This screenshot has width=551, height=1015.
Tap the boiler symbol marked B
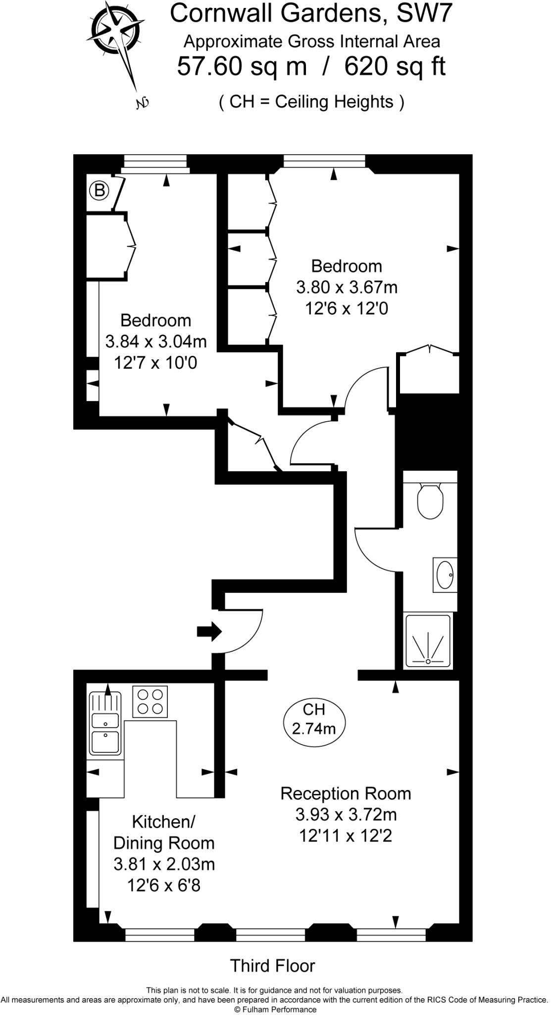coord(100,191)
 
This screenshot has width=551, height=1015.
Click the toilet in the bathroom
coord(429,501)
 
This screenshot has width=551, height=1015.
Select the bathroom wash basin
coord(445,574)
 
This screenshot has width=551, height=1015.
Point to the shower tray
coord(428,640)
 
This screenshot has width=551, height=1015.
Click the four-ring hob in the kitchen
coord(150,701)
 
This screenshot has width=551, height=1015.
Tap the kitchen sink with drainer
coord(105,724)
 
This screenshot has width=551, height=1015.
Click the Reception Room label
coord(346,793)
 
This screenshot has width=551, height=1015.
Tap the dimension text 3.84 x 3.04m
coord(156,341)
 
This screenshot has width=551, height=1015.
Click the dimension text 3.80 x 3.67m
coord(347,287)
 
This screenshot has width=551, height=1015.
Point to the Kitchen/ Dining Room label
coord(163,832)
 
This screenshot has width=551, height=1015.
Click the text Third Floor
coord(272,965)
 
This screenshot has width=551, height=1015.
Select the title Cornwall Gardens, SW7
coord(311,14)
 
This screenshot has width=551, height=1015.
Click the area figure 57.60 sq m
coord(242,66)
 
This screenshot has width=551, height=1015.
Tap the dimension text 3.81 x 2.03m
coord(164,864)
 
